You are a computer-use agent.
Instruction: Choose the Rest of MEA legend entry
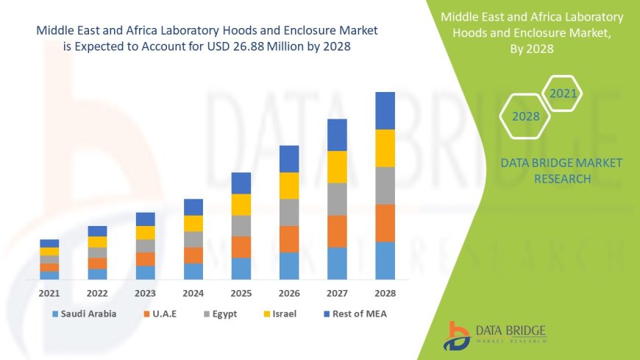click(354, 314)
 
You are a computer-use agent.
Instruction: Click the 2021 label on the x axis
click(49, 292)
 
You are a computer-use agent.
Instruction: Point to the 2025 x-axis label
click(241, 292)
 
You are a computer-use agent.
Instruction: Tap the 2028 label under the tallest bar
click(385, 292)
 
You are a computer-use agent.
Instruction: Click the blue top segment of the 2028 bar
click(385, 110)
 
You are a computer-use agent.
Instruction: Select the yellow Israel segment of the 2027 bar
click(337, 166)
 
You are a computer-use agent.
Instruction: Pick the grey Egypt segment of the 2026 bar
click(289, 212)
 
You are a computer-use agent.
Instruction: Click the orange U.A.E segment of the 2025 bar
click(241, 247)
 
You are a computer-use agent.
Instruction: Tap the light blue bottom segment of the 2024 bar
click(193, 271)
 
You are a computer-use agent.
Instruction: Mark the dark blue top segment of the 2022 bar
click(97, 231)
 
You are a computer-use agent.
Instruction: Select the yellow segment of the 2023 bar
click(146, 233)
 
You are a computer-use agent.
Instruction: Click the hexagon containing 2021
click(563, 93)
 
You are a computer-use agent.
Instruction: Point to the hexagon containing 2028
click(525, 116)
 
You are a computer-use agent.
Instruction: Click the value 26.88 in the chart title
click(267, 47)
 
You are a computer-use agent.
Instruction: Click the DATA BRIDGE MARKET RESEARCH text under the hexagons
click(561, 170)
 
